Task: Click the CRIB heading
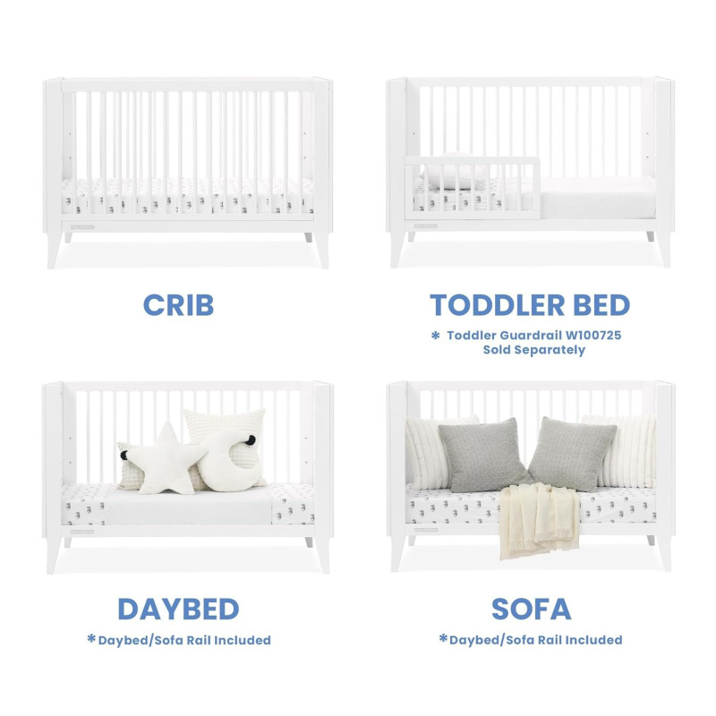coord(178,304)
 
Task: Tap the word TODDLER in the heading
coord(498,304)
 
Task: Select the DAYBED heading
coord(178,609)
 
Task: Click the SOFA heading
coord(531,609)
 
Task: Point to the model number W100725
coord(593,335)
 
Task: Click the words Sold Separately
coord(534,350)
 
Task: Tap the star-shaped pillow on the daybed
coord(166,460)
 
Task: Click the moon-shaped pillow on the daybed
coord(231,460)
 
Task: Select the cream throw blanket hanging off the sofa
coord(539,521)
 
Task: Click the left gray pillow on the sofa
coord(484,456)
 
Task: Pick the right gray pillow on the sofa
coord(572,454)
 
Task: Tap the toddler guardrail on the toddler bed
coord(473,187)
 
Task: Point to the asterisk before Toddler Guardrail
coord(435,335)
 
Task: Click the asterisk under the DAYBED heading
coord(91,638)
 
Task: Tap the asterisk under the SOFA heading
coord(443,638)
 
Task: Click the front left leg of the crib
coord(55,251)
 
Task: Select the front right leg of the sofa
coord(664,553)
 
